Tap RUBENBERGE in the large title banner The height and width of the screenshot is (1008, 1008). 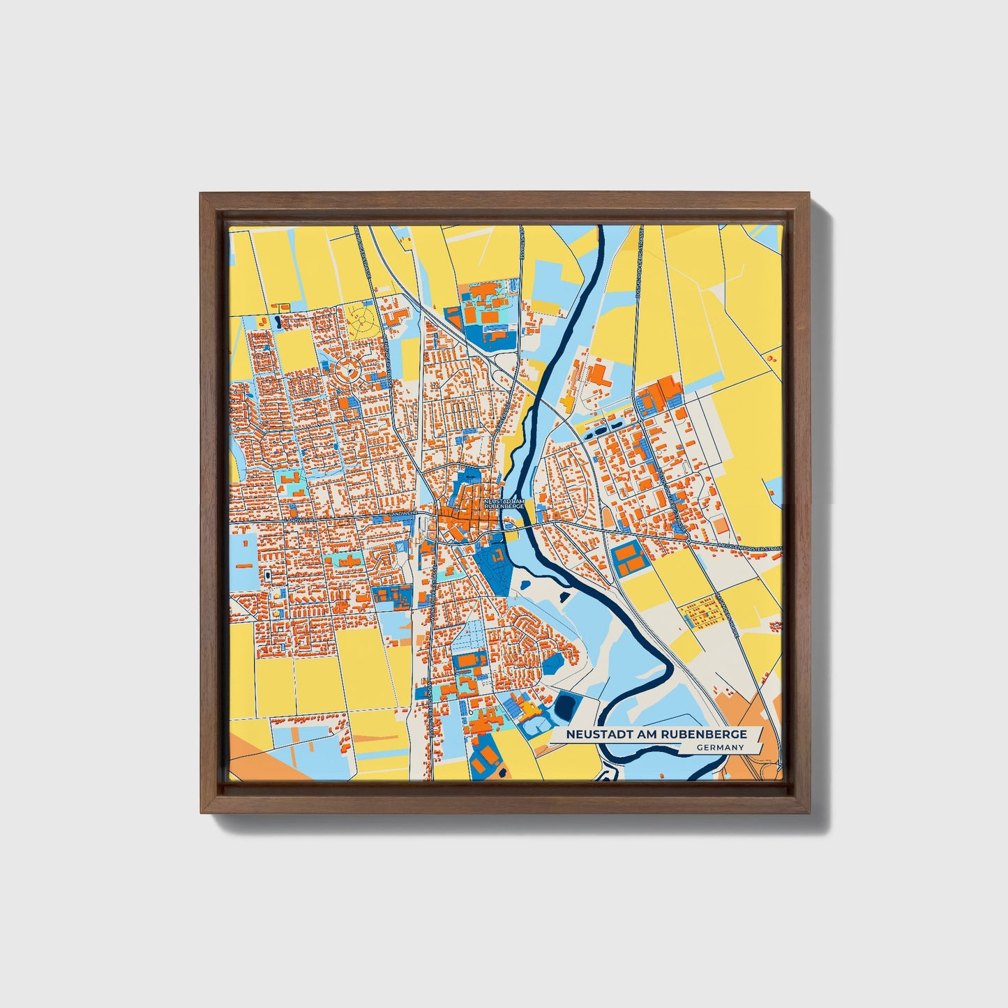click(x=711, y=734)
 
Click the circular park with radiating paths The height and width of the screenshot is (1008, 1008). click(x=363, y=321)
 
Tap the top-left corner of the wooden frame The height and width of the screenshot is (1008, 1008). click(x=202, y=195)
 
